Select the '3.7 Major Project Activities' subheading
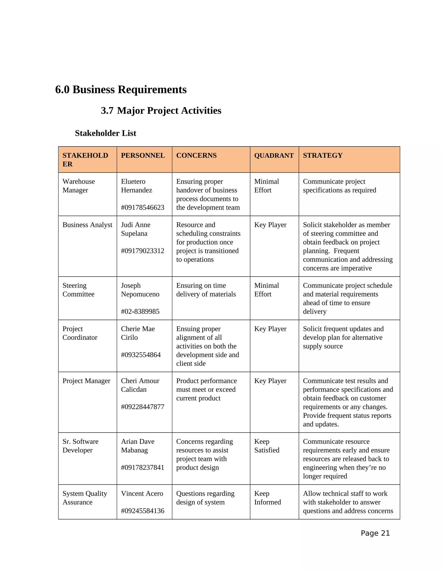(161, 111)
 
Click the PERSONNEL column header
(143, 155)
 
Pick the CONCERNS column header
(196, 155)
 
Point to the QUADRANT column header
(274, 155)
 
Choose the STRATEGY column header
(323, 155)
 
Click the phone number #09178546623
(142, 207)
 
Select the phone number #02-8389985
(140, 311)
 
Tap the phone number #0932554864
(141, 355)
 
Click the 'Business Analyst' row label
(87, 225)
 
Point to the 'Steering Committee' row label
(78, 290)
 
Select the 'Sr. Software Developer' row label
(80, 446)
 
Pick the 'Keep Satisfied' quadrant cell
(267, 446)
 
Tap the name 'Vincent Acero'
(142, 493)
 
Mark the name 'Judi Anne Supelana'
(135, 229)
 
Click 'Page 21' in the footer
(375, 533)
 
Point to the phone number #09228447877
(142, 407)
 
